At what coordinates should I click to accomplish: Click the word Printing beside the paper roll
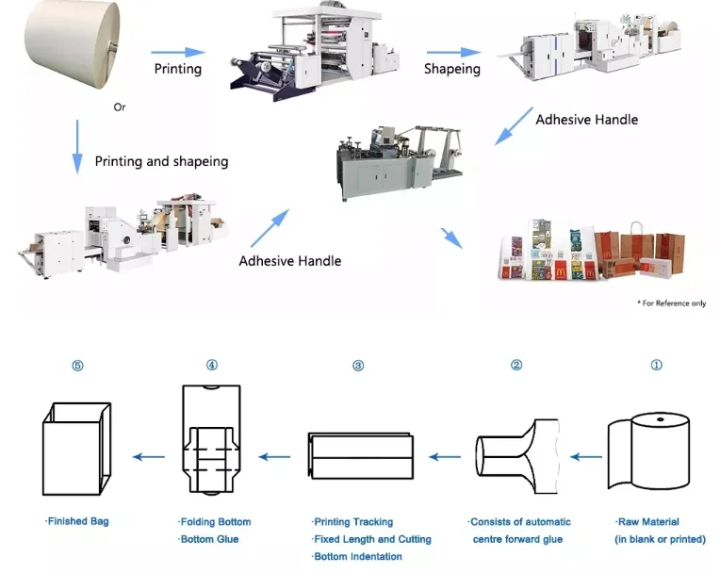[178, 69]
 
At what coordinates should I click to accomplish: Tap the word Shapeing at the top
[451, 69]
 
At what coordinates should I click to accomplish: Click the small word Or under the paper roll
[120, 107]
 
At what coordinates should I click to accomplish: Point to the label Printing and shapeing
[161, 161]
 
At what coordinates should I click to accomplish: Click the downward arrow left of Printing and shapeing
[75, 147]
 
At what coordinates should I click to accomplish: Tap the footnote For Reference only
[671, 303]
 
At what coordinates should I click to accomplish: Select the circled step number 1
[657, 366]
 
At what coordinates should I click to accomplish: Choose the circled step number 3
[358, 366]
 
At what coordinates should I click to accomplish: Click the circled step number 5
[77, 366]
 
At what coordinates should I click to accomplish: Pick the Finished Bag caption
[77, 521]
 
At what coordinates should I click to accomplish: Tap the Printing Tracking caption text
[352, 521]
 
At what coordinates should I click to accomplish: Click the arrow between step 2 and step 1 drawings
[585, 457]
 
